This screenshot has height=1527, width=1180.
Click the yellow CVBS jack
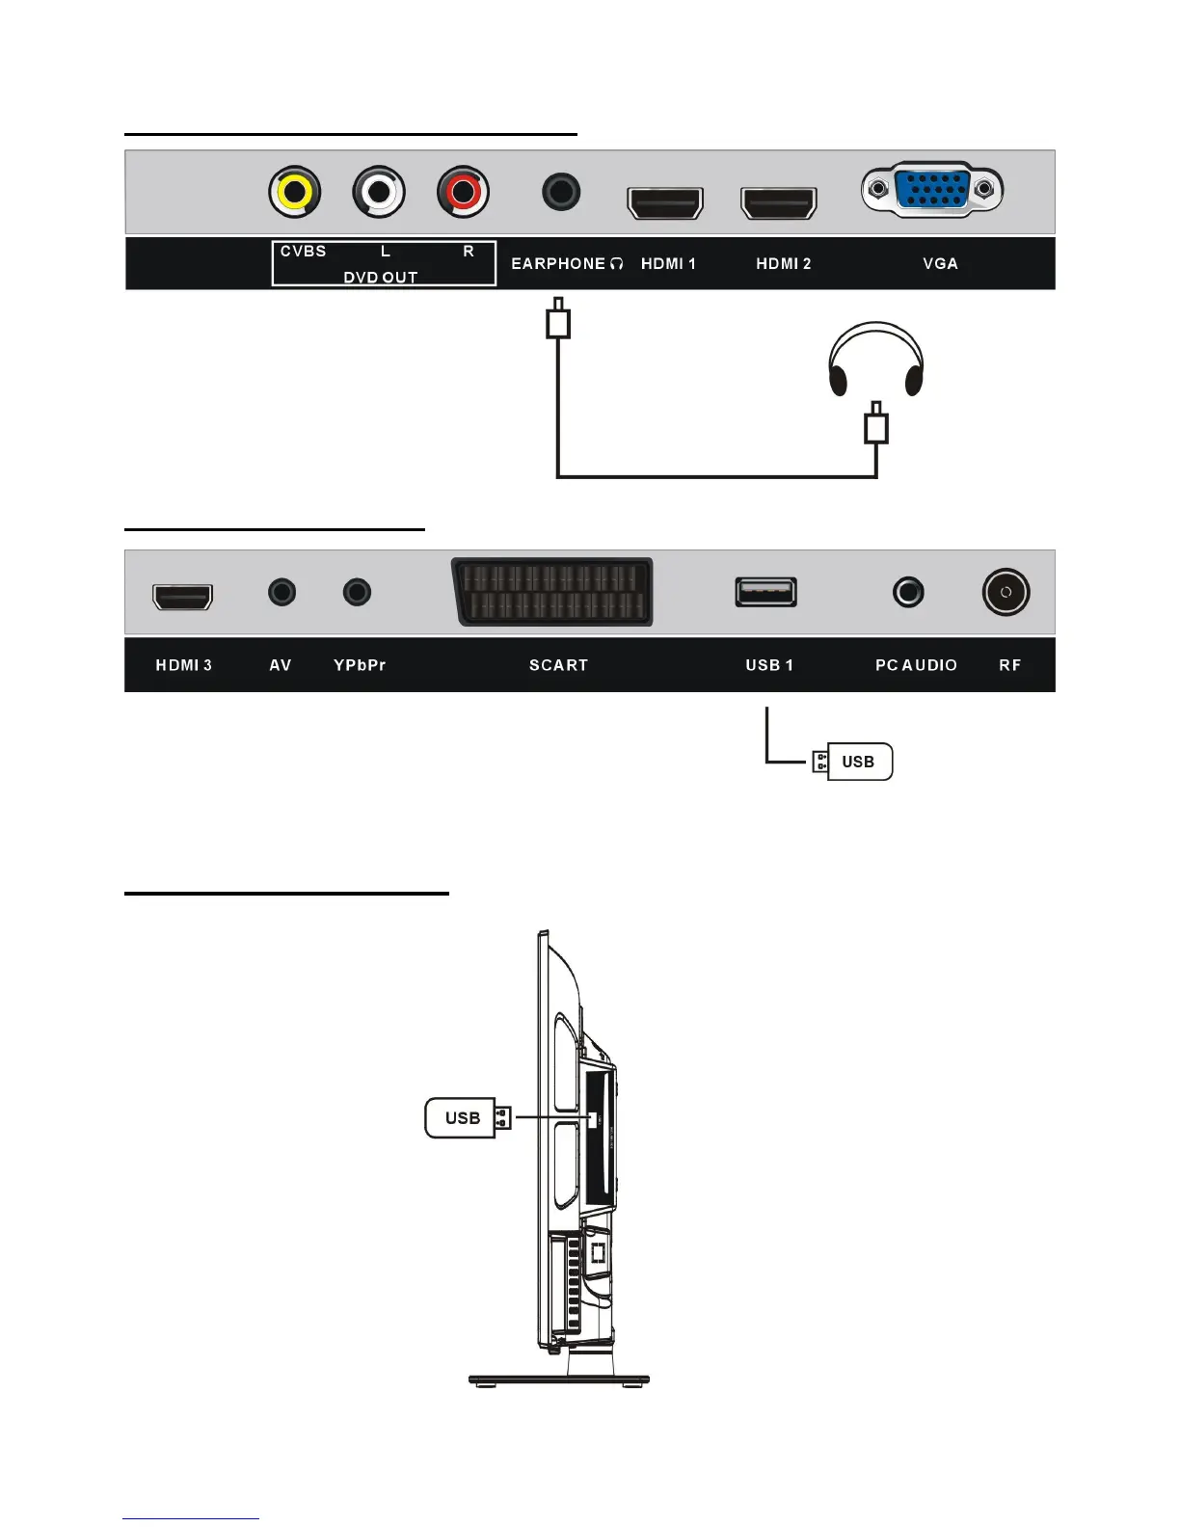point(295,193)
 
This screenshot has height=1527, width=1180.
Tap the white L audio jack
point(379,193)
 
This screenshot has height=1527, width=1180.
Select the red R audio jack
point(463,193)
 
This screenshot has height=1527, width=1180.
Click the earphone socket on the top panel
point(561,192)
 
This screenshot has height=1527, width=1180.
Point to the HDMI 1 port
point(665,203)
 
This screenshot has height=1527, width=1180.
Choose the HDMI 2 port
point(778,203)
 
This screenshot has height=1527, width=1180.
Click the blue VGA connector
point(931,189)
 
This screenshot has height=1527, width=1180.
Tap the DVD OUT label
point(381,278)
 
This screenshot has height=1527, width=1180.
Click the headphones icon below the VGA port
point(876,360)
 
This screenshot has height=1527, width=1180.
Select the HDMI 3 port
point(183,597)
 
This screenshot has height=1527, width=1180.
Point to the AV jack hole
point(282,591)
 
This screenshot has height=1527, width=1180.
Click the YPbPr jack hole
point(357,591)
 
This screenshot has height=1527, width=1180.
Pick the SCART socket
point(552,592)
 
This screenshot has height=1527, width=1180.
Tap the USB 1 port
point(766,591)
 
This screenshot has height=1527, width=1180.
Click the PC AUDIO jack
point(908,591)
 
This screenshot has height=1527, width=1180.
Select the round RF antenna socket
point(1006,592)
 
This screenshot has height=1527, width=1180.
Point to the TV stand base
point(559,1380)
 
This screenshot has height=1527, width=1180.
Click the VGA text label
point(940,263)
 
